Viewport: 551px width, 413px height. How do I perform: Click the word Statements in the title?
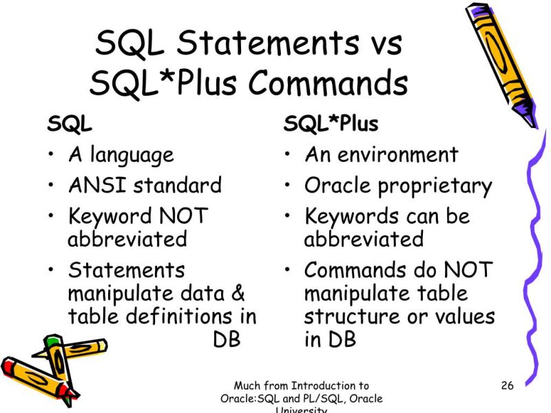pos(267,44)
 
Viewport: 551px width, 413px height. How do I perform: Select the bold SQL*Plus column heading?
pos(331,125)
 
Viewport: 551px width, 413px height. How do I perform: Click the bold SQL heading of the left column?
pos(70,125)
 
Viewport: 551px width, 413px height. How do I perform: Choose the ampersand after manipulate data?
pos(237,294)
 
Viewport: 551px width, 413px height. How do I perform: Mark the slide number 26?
pos(508,385)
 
